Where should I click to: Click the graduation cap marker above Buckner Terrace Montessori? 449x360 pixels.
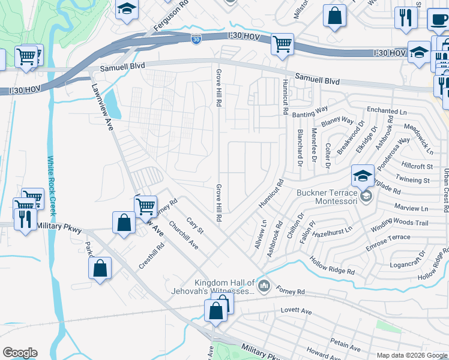tap(363, 176)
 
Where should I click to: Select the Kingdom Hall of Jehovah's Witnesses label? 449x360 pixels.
tap(224, 287)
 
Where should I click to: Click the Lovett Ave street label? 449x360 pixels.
tap(297, 311)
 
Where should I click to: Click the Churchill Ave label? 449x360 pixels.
tap(183, 235)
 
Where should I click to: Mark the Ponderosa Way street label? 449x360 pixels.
tap(394, 148)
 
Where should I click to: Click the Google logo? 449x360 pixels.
tap(20, 353)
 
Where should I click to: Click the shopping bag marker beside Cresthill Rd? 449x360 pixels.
tap(100, 269)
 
